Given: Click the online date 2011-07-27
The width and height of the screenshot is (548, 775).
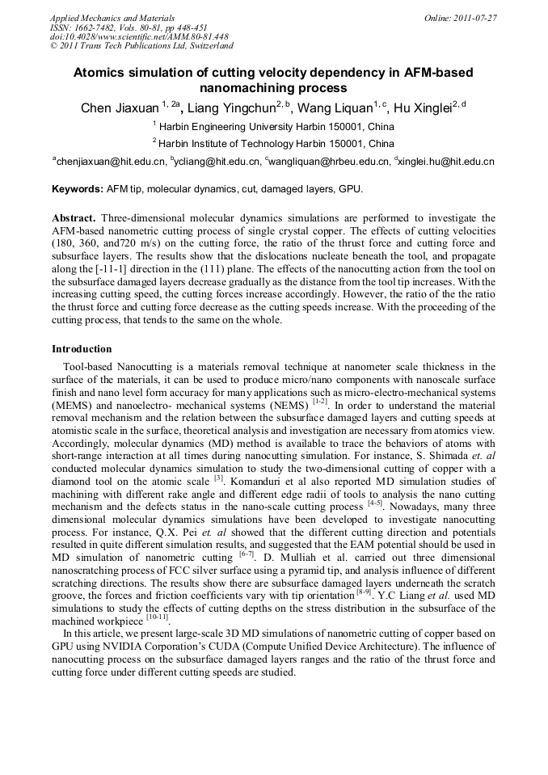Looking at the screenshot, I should coord(474,18).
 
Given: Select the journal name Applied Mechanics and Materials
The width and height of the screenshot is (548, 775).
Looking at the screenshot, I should coord(112,18).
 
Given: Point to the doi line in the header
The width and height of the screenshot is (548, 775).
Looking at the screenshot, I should coord(139,36).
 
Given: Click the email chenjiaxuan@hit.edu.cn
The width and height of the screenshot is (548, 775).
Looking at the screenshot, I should coord(111,162).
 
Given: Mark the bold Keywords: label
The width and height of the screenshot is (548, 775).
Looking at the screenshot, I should coord(78,190).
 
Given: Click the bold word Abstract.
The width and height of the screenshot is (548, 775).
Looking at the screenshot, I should coord(74,218).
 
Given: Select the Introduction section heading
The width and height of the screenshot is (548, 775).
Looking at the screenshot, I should coord(82,349).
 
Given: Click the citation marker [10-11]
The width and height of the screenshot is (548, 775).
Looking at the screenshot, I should coord(156,617).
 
